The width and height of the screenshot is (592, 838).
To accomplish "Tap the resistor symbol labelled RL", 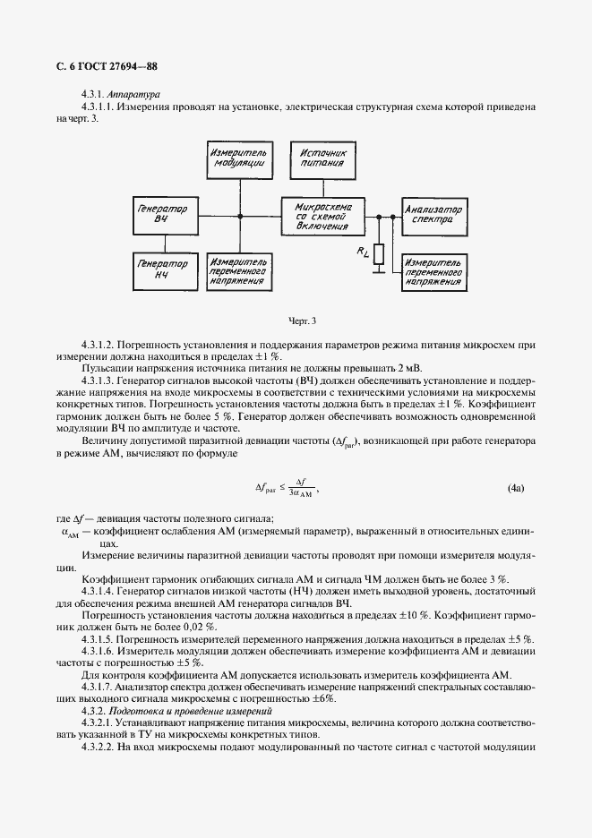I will pos(379,255).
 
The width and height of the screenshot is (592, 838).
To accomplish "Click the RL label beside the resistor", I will pos(362,253).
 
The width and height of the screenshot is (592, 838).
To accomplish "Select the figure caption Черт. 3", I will pos(303,320).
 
